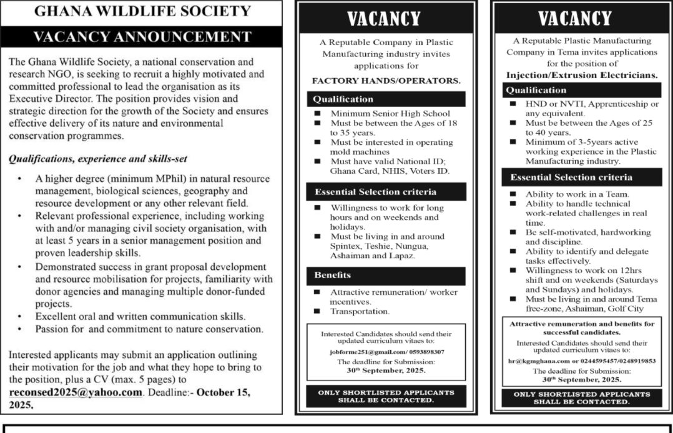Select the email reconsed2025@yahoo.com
[x=76, y=392]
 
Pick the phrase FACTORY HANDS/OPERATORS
[x=386, y=81]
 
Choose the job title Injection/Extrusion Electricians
[x=582, y=75]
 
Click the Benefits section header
[x=332, y=275]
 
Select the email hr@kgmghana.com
[x=538, y=361]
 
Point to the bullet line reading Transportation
[x=360, y=311]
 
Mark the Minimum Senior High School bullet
[x=390, y=114]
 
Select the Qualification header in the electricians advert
[x=536, y=90]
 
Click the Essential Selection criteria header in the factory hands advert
[x=375, y=192]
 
